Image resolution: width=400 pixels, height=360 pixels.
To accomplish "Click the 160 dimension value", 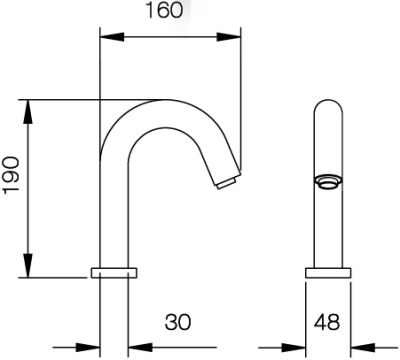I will point(170,12).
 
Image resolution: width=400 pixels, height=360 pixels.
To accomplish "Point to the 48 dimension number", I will point(326,322).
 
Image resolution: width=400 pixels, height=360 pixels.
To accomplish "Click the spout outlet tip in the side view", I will point(226,183).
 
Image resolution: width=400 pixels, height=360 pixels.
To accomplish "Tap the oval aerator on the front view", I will point(326,181).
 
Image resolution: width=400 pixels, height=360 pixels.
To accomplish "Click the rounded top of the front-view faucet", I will point(326,104).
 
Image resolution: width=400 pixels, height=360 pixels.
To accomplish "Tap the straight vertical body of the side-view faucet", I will point(112,220).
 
